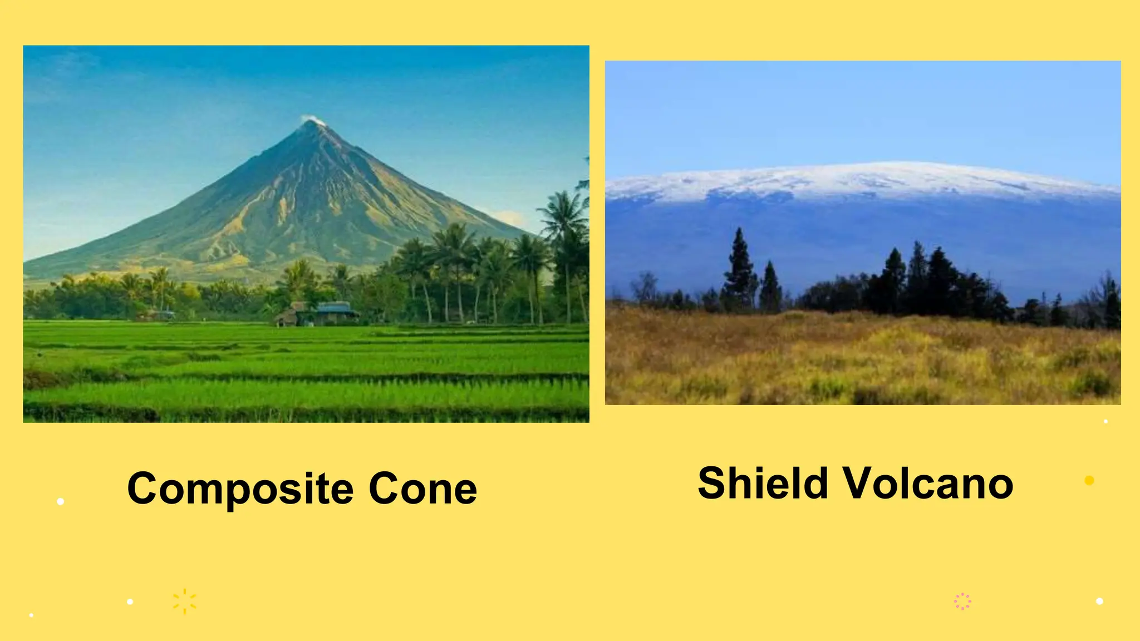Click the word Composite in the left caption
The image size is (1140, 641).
(x=240, y=489)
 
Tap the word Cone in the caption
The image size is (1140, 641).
(x=422, y=489)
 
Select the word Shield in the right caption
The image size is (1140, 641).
(x=763, y=483)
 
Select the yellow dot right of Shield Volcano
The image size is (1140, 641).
(x=1089, y=480)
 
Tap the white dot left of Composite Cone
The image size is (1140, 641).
(x=61, y=501)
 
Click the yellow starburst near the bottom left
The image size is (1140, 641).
(x=184, y=601)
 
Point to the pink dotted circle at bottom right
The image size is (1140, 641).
(x=962, y=601)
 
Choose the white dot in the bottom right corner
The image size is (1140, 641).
(x=1099, y=601)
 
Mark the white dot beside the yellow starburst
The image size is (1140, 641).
(x=130, y=601)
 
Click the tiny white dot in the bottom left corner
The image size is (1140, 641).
(x=31, y=615)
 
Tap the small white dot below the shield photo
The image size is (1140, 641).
(x=1105, y=421)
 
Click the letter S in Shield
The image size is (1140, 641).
(x=713, y=483)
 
